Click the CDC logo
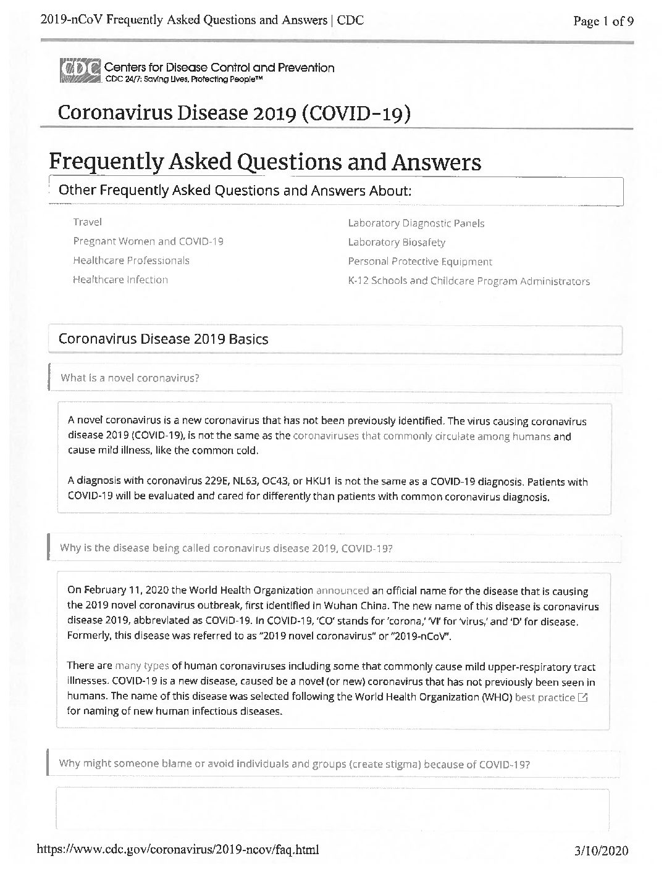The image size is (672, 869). click(80, 72)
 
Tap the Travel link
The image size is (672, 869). click(87, 222)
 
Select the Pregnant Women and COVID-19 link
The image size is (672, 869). click(148, 241)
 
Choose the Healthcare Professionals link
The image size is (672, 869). click(131, 260)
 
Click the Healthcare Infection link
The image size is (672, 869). click(120, 280)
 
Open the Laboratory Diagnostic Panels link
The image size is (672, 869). click(416, 223)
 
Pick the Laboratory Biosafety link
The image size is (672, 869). click(396, 243)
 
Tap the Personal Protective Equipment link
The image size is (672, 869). click(420, 262)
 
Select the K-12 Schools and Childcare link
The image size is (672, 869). click(468, 281)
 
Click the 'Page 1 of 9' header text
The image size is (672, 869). click(603, 22)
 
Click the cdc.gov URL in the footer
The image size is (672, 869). click(178, 850)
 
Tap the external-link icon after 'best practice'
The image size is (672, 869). click(582, 697)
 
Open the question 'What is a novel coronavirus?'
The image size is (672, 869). click(130, 378)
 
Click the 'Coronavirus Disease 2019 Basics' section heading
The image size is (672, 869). click(163, 339)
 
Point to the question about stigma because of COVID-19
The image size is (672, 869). click(294, 763)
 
